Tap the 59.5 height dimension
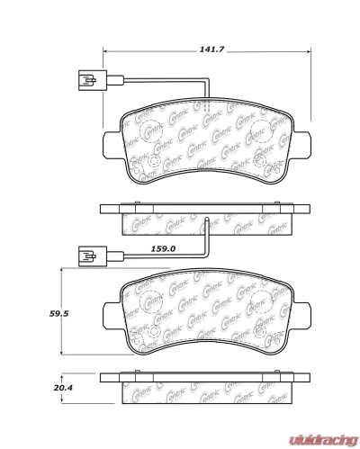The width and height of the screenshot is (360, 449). (x=37, y=314)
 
